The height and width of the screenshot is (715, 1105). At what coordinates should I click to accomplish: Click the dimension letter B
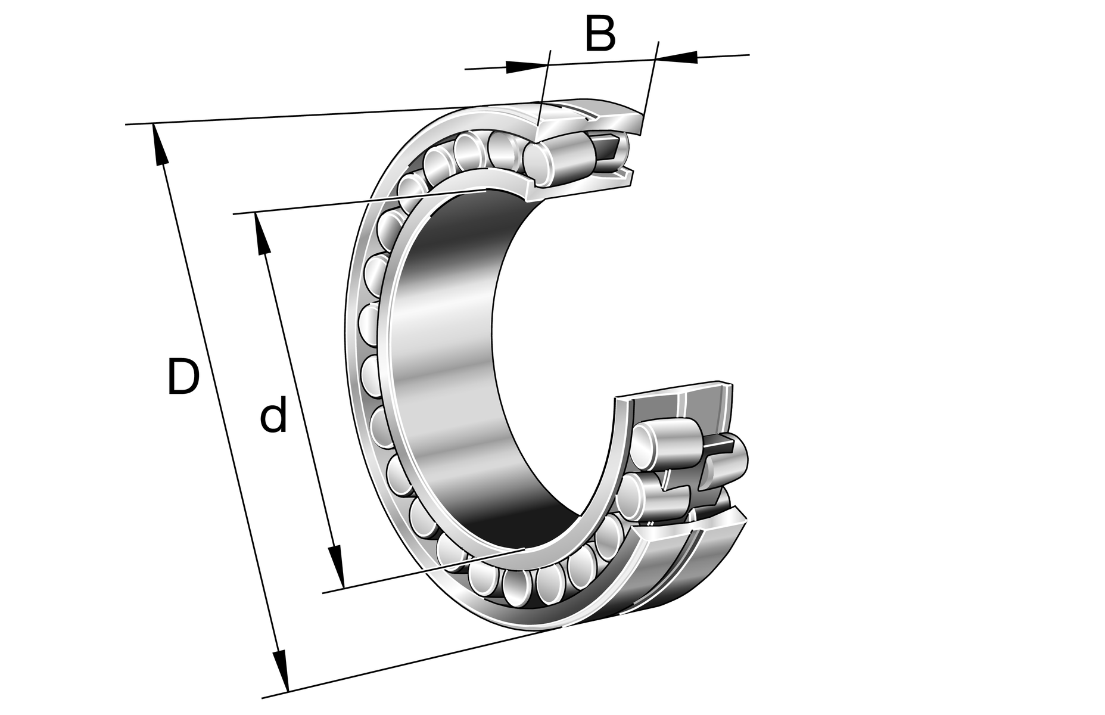[x=599, y=34]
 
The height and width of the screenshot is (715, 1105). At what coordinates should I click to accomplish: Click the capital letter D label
[x=182, y=377]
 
